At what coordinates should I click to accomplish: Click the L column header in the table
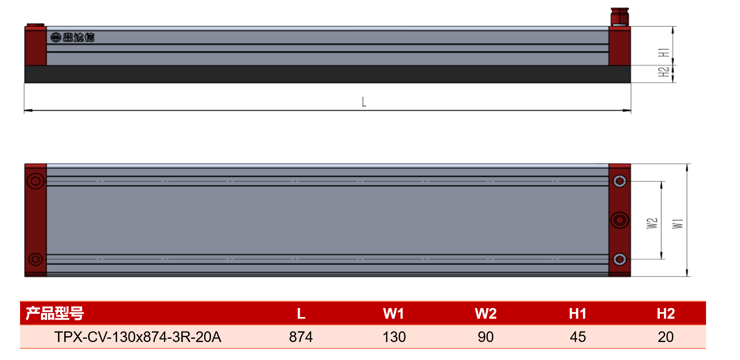point(301,314)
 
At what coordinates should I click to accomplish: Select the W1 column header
point(393,314)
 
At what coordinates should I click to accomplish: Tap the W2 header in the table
point(485,314)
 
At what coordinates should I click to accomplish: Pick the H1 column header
point(578,314)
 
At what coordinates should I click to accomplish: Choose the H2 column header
point(666,314)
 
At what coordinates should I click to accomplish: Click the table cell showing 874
point(301,337)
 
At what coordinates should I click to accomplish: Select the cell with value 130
point(394,337)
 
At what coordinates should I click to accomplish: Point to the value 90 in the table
point(486,337)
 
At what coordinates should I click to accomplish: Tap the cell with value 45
point(578,337)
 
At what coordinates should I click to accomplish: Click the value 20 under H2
point(666,337)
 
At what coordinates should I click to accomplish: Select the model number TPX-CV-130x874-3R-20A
point(138,337)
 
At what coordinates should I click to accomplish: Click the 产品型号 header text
point(55,313)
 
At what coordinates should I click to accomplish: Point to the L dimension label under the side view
point(364,102)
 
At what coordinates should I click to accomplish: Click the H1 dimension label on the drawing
point(663,52)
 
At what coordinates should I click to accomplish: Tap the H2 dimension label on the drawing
point(663,72)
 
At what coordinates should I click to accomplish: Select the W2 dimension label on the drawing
point(652,223)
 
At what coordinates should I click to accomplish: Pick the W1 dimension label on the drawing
point(678,223)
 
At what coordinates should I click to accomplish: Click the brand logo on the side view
point(72,37)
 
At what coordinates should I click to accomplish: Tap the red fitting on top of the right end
point(620,17)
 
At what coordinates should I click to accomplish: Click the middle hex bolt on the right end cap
point(620,220)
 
